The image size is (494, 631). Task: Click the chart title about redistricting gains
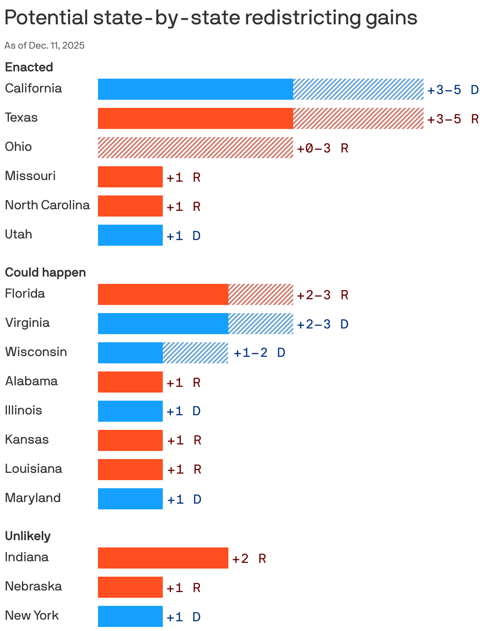point(211,18)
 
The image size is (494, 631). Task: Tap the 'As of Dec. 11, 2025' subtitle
point(45,45)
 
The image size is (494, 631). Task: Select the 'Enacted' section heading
point(29,67)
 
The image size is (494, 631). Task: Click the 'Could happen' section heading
point(45,272)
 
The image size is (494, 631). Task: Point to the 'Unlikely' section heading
point(28,536)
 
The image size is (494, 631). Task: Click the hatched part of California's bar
point(358,89)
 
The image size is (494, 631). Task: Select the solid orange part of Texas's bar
point(195,118)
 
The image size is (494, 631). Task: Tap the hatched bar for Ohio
point(195,148)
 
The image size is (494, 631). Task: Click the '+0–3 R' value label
point(322,148)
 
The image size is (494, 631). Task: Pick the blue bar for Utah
point(130,235)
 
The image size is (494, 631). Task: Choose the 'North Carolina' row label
point(47,205)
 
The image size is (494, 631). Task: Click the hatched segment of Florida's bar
point(260,294)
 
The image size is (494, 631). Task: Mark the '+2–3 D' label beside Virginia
point(322,324)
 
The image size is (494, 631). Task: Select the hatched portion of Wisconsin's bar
point(195,353)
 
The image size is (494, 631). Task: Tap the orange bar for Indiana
point(163,558)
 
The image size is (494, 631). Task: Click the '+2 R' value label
point(249,559)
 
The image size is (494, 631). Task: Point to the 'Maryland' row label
point(33,498)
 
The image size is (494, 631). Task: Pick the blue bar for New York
point(130,616)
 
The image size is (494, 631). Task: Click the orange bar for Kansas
point(130,440)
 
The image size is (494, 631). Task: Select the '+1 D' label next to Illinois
point(183,411)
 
